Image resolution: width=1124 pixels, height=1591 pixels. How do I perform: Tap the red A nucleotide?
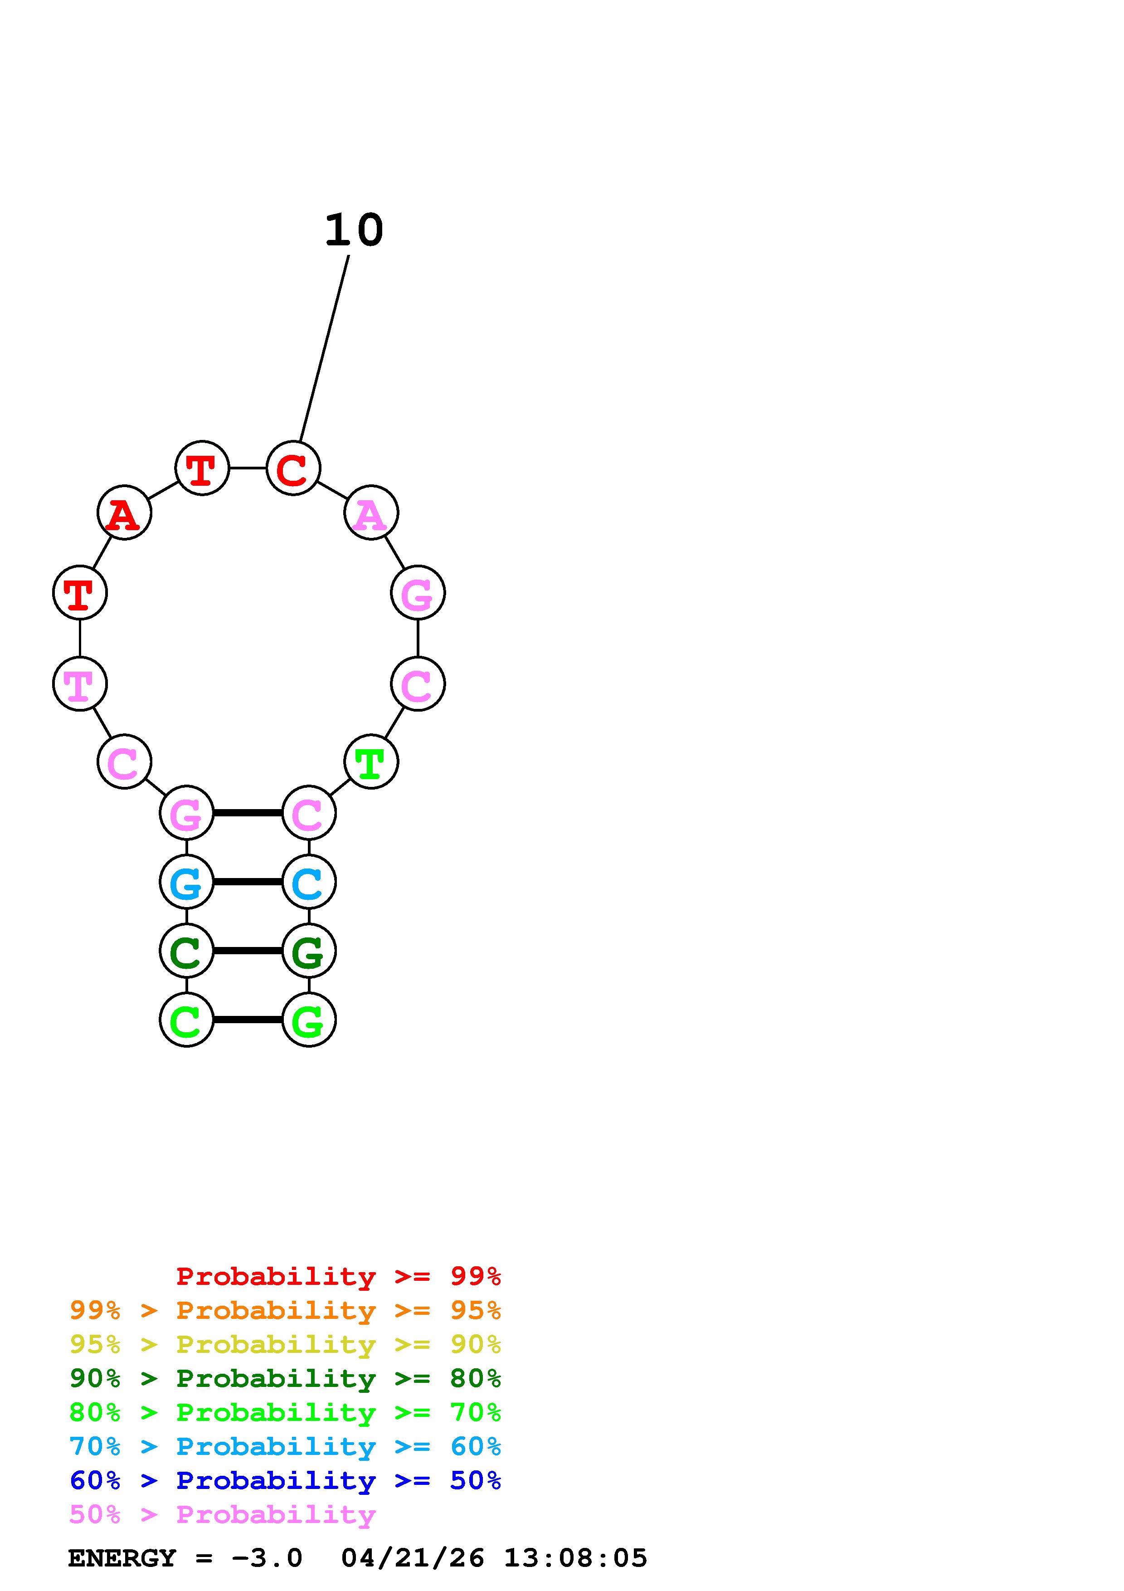click(x=124, y=513)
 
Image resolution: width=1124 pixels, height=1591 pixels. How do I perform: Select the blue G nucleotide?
click(x=186, y=882)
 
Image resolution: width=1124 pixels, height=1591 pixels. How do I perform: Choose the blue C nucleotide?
click(x=309, y=882)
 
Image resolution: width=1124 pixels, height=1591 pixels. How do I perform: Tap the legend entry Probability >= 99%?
click(x=339, y=1276)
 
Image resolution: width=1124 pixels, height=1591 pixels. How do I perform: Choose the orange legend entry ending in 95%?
click(x=285, y=1310)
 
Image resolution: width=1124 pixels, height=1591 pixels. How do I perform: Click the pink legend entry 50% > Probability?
click(x=222, y=1515)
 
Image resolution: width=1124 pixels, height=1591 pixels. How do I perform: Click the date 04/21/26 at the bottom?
click(x=413, y=1558)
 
